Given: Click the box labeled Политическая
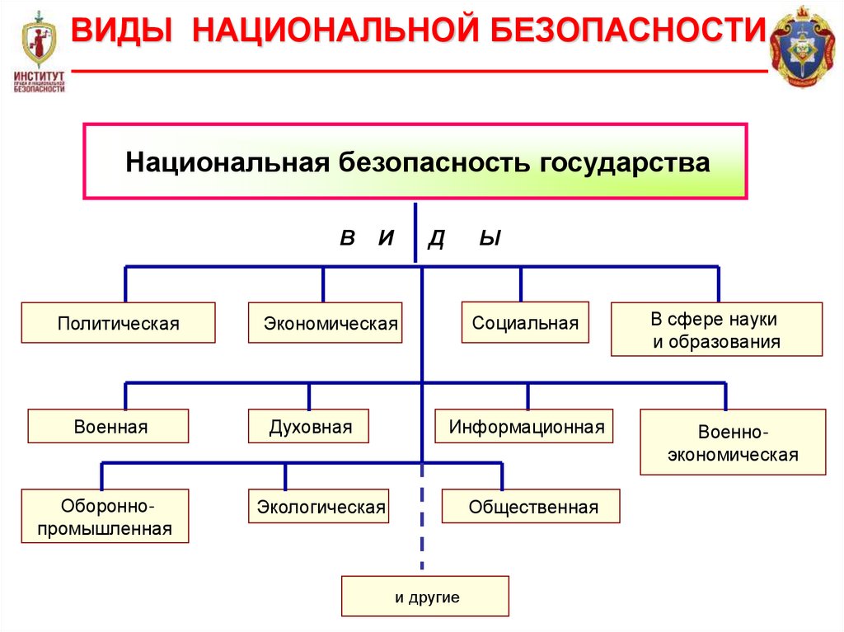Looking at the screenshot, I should tap(118, 323).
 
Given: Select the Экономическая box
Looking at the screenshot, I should tap(325, 323).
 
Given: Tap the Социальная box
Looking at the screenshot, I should tap(525, 323).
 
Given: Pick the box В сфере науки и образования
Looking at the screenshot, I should tap(716, 330).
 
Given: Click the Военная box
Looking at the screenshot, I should tap(108, 427).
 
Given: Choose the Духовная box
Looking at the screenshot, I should tap(308, 427).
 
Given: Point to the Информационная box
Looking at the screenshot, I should tap(524, 427).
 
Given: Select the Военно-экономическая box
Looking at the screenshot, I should tap(733, 443).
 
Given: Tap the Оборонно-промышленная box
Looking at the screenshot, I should tap(105, 517).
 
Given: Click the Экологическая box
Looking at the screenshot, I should tap(318, 507).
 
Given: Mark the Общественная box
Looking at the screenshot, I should tap(531, 507).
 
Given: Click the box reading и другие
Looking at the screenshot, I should tap(425, 597).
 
